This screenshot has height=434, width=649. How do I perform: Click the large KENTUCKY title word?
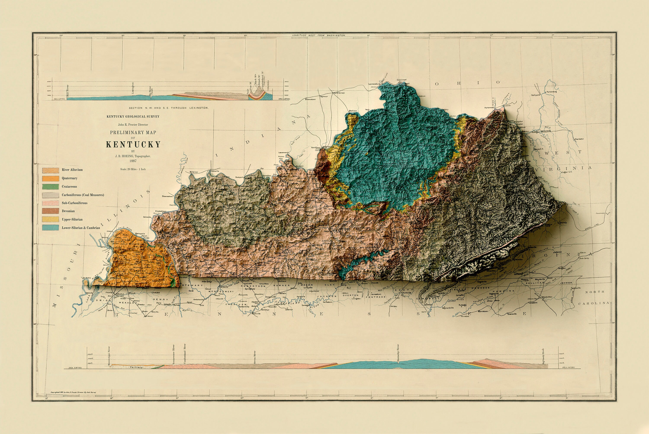133,145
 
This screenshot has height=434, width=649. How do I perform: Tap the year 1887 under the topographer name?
133,161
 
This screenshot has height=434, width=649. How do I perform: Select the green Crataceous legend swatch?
50,186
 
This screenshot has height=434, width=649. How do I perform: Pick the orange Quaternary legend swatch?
50,178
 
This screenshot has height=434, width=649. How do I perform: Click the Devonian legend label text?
68,211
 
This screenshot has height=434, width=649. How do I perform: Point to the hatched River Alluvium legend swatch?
50,170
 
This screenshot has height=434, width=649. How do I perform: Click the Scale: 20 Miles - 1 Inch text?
133,169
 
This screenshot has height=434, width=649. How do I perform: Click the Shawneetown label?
167,196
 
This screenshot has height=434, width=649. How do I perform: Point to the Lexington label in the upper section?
133,88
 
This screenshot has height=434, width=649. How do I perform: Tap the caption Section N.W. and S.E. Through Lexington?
169,108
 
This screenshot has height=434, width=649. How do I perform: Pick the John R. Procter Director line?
133,125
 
